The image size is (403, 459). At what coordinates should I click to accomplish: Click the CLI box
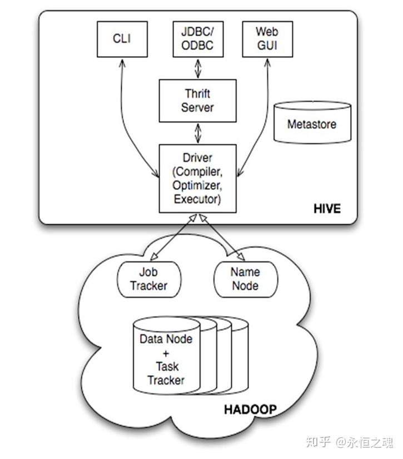(x=122, y=39)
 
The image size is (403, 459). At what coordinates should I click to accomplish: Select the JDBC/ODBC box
(x=197, y=39)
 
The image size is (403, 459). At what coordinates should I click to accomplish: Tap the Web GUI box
(x=267, y=39)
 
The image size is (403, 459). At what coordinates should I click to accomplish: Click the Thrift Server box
(x=197, y=100)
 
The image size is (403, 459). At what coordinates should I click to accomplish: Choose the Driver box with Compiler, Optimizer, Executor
(x=197, y=178)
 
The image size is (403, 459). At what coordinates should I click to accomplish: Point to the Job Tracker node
(x=149, y=279)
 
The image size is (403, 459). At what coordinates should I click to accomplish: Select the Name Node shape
(x=245, y=279)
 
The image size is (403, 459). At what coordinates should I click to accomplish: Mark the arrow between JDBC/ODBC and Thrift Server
(x=197, y=68)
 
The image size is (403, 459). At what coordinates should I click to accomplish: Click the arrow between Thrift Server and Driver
(x=197, y=133)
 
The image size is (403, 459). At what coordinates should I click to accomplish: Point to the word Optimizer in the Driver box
(x=197, y=185)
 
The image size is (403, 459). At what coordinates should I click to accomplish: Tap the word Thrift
(x=197, y=93)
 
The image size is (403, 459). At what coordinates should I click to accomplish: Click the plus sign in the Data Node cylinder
(x=166, y=352)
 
